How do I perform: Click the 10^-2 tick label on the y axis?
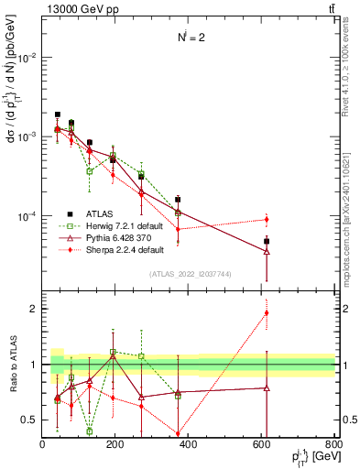click(26, 57)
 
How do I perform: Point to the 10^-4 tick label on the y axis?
click(26, 216)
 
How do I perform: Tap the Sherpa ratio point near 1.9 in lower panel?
click(267, 312)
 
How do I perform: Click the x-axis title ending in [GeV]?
click(311, 458)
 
